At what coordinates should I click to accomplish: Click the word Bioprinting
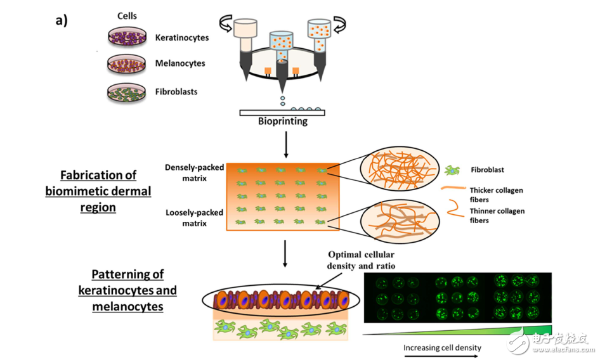coord(282,121)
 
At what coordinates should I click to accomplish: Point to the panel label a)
coord(62,20)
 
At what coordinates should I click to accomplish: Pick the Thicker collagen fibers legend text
coord(497,195)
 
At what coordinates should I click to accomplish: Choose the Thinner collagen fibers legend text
coord(497,215)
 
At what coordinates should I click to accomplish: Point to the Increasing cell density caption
coord(442,347)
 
